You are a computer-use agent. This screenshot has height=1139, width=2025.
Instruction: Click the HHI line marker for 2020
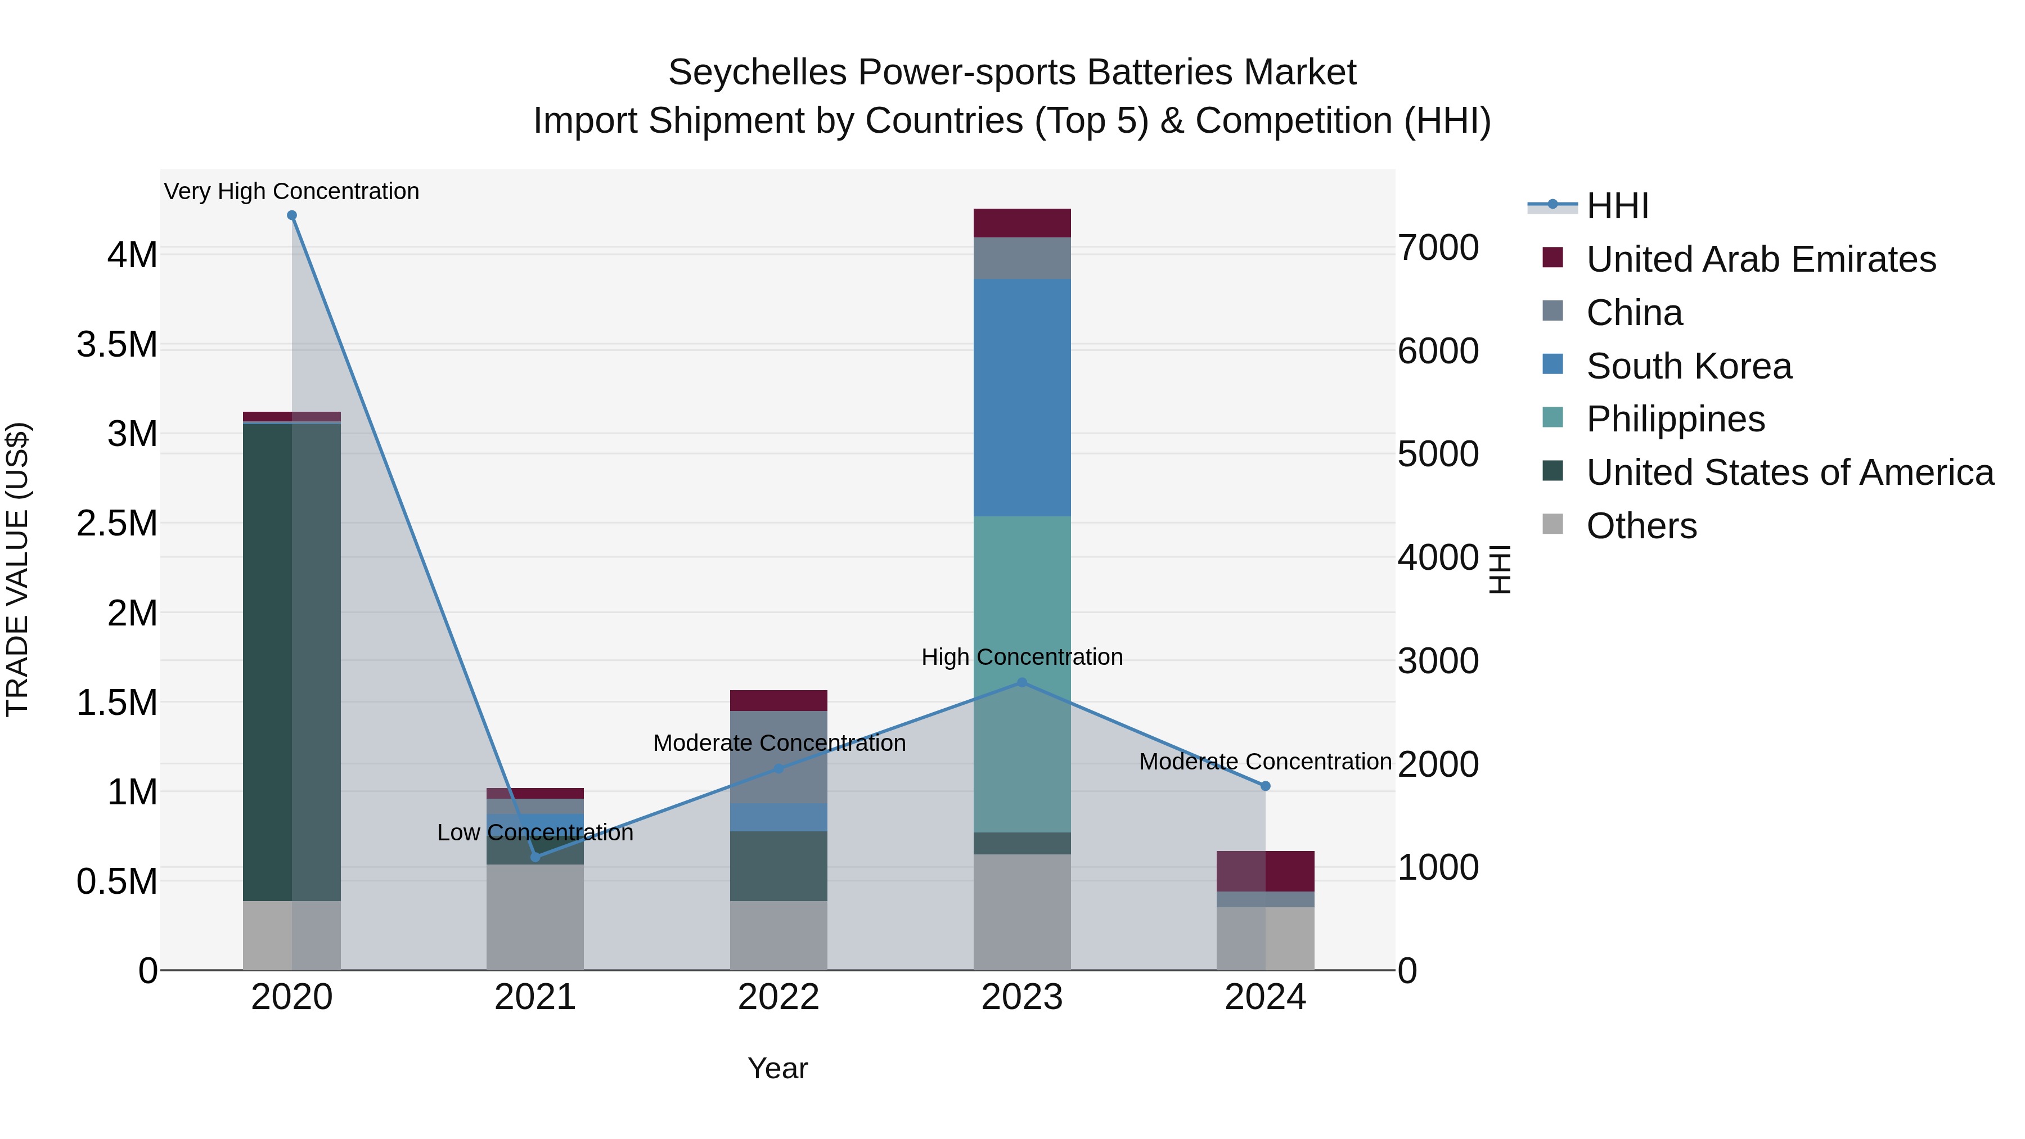tap(291, 215)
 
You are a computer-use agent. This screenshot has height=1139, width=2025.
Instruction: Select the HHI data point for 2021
tap(535, 857)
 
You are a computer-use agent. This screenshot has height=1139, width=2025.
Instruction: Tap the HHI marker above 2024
tap(1266, 786)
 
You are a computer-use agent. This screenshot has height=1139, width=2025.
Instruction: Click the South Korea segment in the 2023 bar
tap(1022, 397)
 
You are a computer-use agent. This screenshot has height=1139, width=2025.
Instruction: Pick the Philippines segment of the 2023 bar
tap(1022, 597)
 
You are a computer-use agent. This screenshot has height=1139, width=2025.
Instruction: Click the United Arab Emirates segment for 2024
tap(1266, 871)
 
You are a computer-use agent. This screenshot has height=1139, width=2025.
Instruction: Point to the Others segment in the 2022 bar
tap(778, 935)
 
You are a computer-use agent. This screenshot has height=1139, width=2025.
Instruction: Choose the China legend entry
tap(1634, 313)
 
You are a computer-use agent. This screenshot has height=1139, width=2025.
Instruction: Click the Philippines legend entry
tap(1675, 419)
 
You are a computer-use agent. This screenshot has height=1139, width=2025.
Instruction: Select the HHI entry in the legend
tap(1617, 206)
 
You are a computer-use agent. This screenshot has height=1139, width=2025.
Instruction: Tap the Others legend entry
tap(1641, 526)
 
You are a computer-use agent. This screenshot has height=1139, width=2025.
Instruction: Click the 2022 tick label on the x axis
tap(778, 997)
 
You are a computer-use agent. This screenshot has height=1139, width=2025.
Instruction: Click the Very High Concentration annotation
tap(291, 191)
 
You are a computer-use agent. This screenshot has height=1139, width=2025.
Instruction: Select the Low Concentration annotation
tap(535, 832)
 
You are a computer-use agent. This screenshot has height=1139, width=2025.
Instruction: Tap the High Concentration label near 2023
tap(1022, 656)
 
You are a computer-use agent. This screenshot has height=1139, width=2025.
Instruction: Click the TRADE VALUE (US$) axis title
tap(17, 569)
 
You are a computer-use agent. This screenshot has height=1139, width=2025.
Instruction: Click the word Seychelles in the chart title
tap(756, 73)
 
